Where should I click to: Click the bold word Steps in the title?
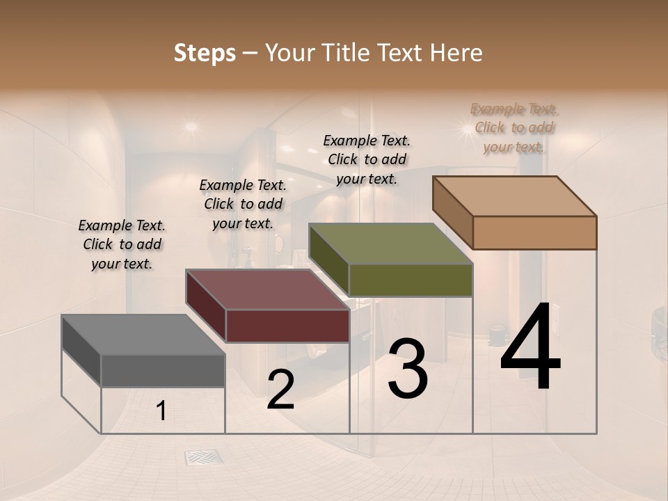point(205,53)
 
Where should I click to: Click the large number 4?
point(530,347)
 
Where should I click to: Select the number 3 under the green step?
point(408,369)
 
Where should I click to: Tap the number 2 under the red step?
point(280,390)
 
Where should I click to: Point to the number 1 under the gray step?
point(161,411)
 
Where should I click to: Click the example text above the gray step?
point(122,244)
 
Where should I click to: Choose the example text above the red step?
point(243,204)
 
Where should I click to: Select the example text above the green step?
point(367,159)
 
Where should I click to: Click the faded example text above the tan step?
point(514,127)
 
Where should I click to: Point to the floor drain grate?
point(204,457)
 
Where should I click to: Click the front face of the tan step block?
point(534,232)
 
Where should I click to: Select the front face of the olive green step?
point(411,280)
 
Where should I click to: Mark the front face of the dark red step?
point(287,326)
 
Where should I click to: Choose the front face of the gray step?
point(163,370)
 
